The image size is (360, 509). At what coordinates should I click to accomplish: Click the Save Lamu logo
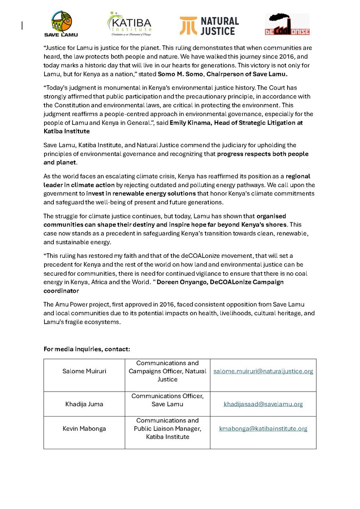coord(61,24)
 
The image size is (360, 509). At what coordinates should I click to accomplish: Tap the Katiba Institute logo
coord(129,24)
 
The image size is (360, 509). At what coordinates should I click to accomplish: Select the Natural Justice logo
coord(209,25)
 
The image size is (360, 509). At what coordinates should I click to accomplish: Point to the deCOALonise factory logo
coord(287,24)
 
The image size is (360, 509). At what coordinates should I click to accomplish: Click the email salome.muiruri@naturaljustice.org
coord(263,371)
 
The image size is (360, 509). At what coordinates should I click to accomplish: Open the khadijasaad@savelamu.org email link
coord(263,404)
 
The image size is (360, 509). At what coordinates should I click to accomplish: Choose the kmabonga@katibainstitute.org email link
coord(263,429)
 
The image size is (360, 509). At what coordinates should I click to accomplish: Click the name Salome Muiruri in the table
coord(84,371)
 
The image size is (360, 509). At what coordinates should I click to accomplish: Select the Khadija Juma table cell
coord(84,404)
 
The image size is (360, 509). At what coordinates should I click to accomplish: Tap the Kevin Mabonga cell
coord(84,429)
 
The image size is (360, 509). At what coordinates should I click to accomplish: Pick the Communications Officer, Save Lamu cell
coord(167,400)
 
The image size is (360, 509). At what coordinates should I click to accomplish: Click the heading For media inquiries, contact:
coord(87,349)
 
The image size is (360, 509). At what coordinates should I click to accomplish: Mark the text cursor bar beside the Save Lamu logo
coord(22,25)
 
